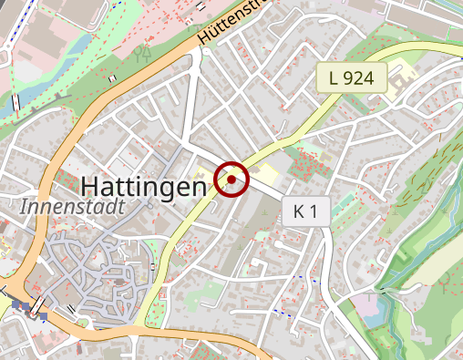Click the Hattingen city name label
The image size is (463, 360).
[x=144, y=186]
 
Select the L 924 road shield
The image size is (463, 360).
[x=352, y=78]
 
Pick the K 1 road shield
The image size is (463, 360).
[x=305, y=213]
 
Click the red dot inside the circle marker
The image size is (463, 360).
[x=232, y=180]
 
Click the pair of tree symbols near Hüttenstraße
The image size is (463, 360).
[x=141, y=53]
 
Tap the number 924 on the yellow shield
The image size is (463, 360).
[x=359, y=78]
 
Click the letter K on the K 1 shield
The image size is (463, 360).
[x=299, y=213]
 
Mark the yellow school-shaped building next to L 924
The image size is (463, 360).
[x=402, y=82]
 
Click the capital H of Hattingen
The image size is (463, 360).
[x=89, y=186]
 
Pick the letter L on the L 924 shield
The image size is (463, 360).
[x=334, y=78]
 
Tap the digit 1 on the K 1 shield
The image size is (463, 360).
[x=314, y=213]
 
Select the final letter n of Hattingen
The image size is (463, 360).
[x=199, y=188]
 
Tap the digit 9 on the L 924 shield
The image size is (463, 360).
[x=349, y=78]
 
